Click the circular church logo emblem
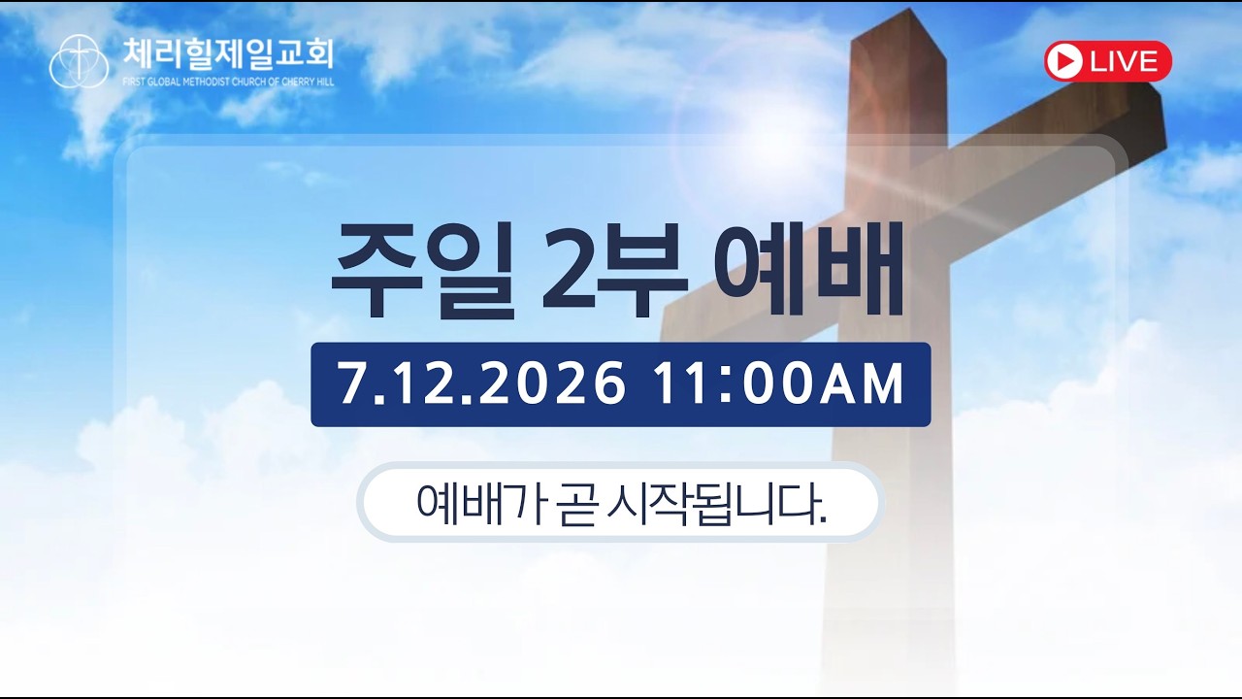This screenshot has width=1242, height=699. [79, 61]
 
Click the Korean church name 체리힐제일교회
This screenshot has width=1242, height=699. [228, 54]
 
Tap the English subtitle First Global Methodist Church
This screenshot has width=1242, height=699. [228, 83]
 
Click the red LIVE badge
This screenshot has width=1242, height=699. [1108, 61]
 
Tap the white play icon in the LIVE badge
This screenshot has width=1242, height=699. [1064, 61]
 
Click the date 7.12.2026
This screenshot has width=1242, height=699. [481, 383]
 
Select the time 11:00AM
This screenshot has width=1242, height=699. [778, 383]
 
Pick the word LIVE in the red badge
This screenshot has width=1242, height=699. [1125, 61]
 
